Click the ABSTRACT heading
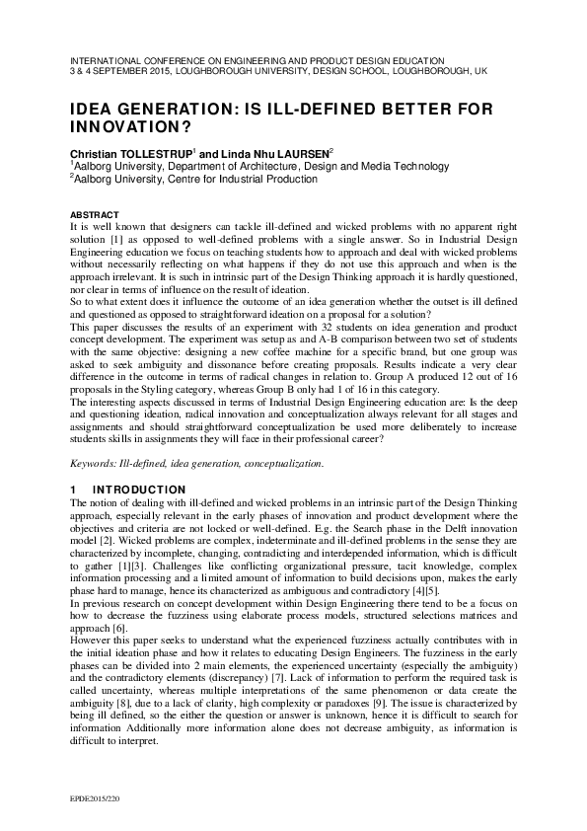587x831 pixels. pos(94,214)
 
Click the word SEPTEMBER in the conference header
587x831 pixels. pos(120,72)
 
